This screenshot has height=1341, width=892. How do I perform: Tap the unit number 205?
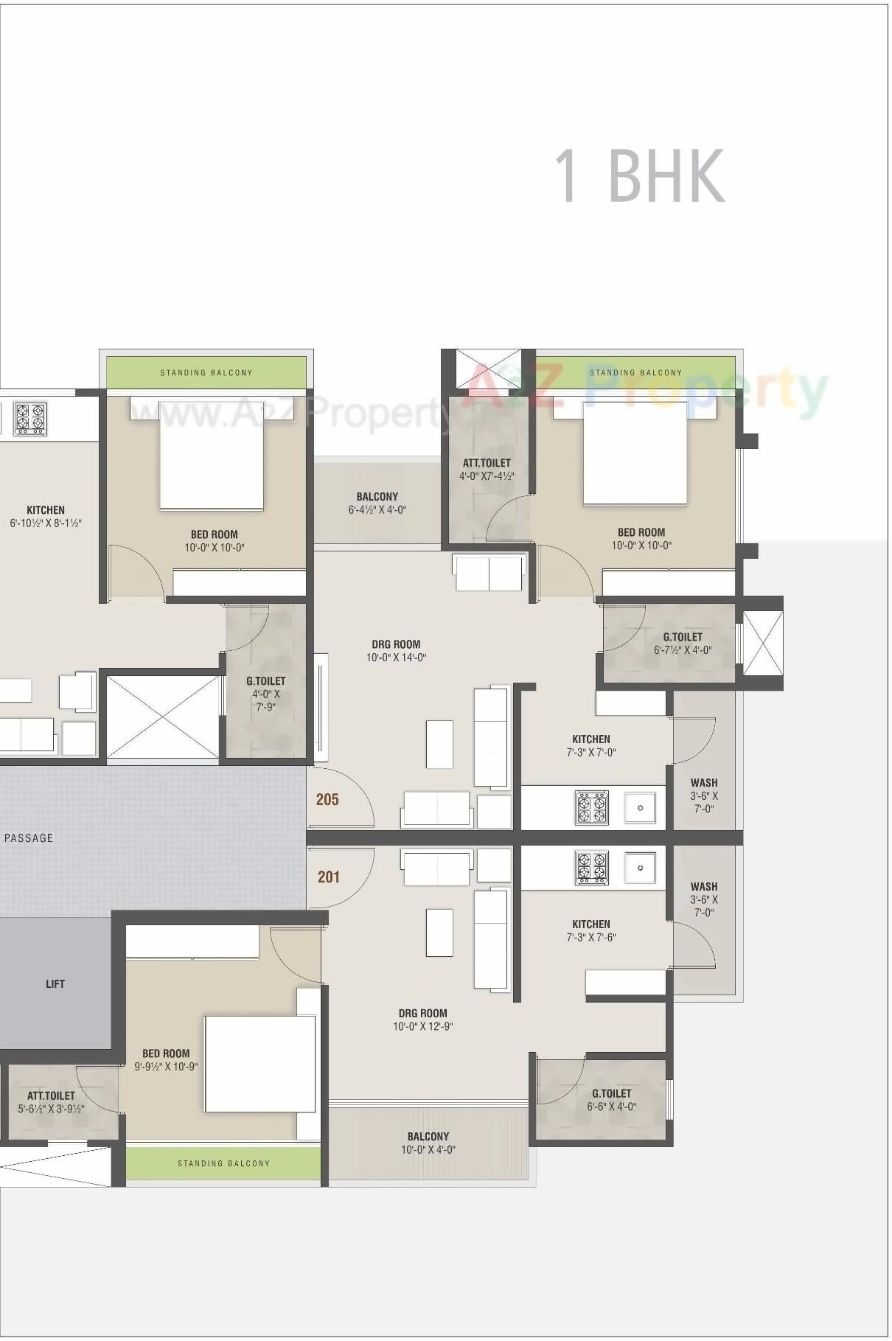[x=327, y=799]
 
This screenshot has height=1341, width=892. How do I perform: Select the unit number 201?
[x=329, y=877]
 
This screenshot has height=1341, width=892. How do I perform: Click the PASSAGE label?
[x=29, y=837]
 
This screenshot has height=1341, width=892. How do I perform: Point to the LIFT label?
[x=55, y=983]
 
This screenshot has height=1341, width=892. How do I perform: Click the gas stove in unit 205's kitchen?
[x=592, y=807]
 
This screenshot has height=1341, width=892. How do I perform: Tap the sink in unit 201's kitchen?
[x=640, y=868]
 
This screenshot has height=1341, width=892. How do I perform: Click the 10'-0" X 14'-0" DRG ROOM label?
[x=396, y=651]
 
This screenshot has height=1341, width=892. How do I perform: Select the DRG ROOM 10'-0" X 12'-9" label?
[x=422, y=1020]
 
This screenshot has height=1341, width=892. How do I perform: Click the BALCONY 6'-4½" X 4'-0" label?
[x=377, y=503]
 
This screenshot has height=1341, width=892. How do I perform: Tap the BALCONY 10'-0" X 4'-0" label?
[x=428, y=1143]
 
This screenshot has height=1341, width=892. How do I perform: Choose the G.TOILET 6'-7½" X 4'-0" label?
[x=683, y=643]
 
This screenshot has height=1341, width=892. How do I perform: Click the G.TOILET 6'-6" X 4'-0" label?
[x=611, y=1099]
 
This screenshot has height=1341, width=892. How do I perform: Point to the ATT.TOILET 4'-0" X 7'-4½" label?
[x=487, y=469]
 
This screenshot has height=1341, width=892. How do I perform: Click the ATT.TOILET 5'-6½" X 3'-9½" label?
[x=51, y=1101]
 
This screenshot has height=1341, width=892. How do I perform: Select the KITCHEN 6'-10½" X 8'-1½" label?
[x=46, y=516]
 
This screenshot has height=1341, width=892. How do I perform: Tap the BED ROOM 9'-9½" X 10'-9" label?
[x=166, y=1059]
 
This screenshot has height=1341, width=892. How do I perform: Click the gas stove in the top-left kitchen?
[x=29, y=418]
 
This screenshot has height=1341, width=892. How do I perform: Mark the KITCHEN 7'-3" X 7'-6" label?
[x=590, y=930]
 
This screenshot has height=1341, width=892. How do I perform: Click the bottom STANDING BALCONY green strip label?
[x=223, y=1163]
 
